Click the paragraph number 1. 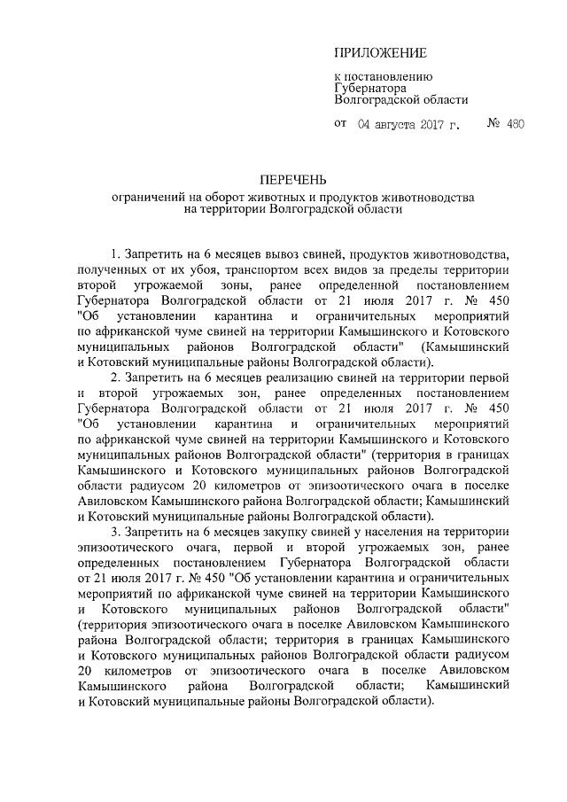(x=115, y=253)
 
